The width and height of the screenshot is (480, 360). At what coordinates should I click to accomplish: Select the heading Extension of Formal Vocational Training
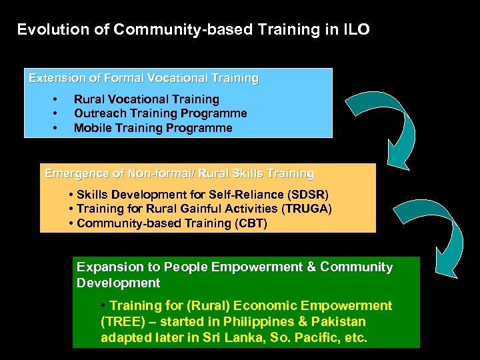coord(143,78)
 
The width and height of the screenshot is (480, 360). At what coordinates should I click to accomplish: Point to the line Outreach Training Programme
coord(160,113)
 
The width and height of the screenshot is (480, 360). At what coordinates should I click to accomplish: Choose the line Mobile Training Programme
coord(153,127)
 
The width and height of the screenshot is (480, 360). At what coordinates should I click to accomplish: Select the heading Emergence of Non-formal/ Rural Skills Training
coord(179,173)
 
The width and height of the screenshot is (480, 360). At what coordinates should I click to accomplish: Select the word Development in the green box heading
coord(118,283)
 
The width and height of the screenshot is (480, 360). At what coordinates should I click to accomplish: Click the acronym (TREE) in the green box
coord(122,321)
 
